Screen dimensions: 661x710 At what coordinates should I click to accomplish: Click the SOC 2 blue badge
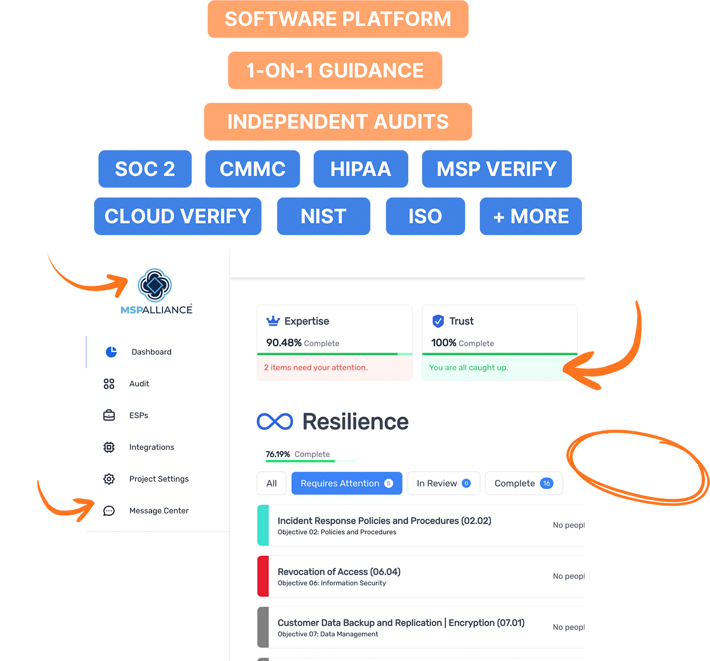145,169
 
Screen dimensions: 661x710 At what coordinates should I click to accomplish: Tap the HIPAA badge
360,169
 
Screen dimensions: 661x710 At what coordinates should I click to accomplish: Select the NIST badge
323,216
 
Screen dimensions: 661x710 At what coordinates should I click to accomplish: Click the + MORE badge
530,216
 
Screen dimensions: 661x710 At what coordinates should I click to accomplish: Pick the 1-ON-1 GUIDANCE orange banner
335,71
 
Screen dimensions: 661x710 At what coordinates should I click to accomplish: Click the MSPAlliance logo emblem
155,285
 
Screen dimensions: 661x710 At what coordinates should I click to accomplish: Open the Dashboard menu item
151,352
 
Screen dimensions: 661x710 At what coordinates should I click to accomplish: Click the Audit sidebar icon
109,384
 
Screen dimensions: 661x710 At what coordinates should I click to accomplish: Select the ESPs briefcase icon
109,416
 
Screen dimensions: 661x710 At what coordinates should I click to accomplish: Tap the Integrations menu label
151,447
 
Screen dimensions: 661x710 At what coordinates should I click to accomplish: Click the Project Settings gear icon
109,479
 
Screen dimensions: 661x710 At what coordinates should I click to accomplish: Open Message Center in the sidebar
159,511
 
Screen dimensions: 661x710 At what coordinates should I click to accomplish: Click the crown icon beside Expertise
273,321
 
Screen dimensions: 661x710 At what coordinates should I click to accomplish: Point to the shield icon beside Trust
438,321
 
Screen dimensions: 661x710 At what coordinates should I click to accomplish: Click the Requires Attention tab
347,483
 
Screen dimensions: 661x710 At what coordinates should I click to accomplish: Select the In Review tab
444,483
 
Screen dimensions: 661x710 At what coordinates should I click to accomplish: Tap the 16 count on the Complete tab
546,483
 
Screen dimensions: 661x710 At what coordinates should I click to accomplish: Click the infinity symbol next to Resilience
275,422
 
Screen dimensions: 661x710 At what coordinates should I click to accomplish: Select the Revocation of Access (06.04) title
339,572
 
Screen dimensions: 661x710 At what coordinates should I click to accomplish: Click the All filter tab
271,483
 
